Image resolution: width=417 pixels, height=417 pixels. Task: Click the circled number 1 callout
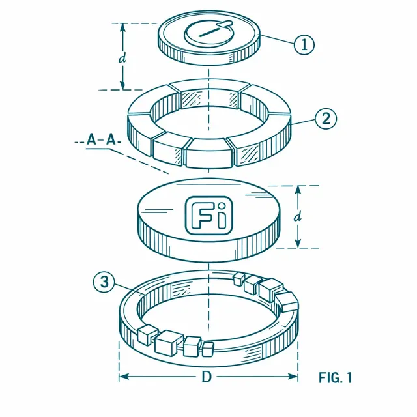pos(304,44)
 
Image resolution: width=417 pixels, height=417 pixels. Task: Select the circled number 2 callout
pos(326,119)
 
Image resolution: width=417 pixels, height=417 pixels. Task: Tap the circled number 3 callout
pos(104,281)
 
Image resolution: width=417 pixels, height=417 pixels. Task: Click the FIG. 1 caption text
pos(335,377)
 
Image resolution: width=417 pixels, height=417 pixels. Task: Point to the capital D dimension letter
pos(207,377)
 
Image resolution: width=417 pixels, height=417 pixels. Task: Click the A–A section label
pos(102,139)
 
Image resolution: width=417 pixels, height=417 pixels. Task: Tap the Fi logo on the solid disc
pos(208,216)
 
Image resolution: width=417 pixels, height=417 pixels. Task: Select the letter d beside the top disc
pos(122,59)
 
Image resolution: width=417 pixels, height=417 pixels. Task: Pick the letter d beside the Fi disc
pos(298,217)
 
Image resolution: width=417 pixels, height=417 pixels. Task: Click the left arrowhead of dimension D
pos(124,377)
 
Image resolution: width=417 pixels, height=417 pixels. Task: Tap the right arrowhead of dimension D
pos(293,377)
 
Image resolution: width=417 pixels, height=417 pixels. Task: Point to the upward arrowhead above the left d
pos(122,28)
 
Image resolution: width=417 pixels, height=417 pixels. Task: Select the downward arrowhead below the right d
pos(298,243)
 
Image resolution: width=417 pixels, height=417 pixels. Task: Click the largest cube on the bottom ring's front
pos(169,343)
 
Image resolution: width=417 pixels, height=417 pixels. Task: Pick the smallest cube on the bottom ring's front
pos(208,349)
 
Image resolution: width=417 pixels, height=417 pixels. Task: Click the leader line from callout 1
pos(277,39)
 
